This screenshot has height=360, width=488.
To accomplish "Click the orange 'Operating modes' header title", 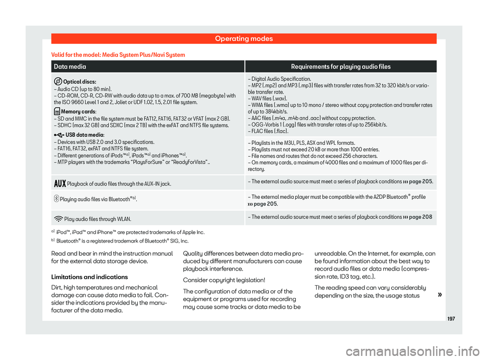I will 244,38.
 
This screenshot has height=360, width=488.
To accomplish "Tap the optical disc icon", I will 57,82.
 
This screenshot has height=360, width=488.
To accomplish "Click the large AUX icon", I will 57,182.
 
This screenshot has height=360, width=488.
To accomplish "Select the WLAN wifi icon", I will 57,218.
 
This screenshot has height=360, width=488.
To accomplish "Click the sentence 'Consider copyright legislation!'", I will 218,279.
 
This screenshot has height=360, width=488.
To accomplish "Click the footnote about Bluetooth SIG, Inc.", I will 122,241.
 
